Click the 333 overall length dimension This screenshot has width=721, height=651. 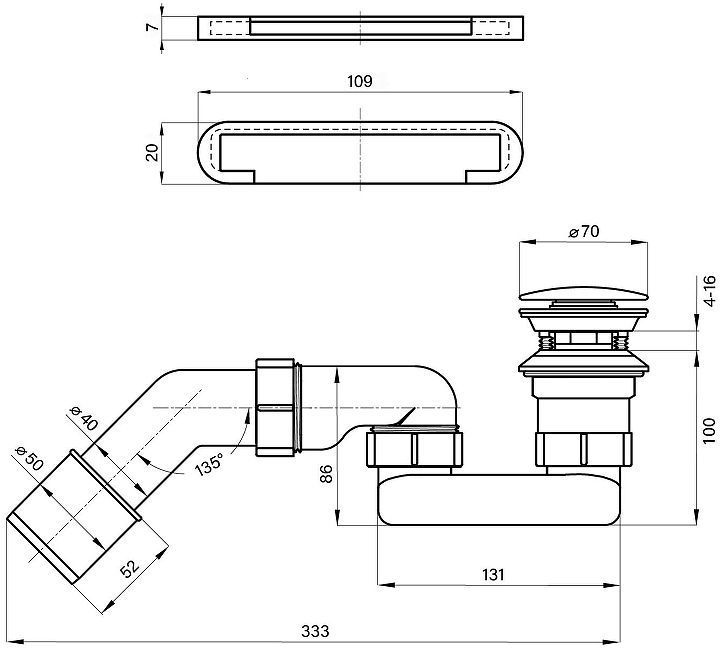(315, 631)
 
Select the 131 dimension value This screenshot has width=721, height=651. (493, 575)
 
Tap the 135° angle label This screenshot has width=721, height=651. (209, 463)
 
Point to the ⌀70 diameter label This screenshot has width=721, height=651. (584, 232)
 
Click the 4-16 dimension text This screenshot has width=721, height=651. (710, 291)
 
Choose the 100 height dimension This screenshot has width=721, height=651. (710, 431)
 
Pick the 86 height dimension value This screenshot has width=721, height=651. (326, 474)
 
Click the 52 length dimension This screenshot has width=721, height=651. (129, 568)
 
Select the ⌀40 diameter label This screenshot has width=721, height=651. (84, 418)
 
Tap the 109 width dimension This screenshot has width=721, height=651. (360, 81)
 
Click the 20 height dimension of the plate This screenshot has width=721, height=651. (152, 152)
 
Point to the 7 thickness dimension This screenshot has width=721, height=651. (152, 27)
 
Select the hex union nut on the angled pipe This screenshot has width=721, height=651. (275, 407)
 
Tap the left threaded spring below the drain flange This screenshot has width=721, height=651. (546, 343)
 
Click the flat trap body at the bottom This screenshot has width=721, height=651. (498, 500)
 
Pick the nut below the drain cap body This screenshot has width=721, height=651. (584, 449)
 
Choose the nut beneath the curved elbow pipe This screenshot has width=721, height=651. (415, 448)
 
